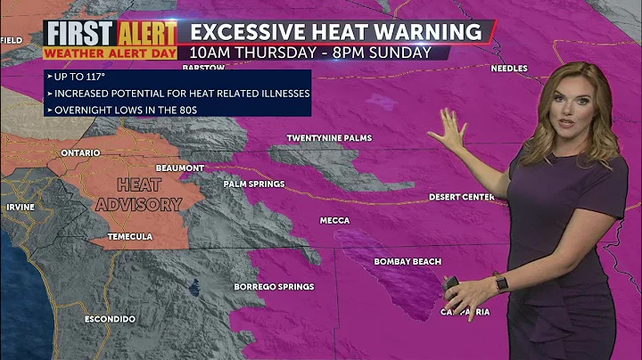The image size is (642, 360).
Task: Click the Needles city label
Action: pyautogui.click(x=509, y=69)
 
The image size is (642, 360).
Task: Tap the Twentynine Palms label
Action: pyautogui.click(x=329, y=138)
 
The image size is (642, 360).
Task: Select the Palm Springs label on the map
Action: pyautogui.click(x=254, y=184)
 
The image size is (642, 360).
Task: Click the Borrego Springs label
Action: pyautogui.click(x=274, y=286)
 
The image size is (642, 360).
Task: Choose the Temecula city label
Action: pyautogui.click(x=130, y=236)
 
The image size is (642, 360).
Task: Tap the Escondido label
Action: pyautogui.click(x=110, y=318)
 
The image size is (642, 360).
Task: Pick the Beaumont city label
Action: pyautogui.click(x=179, y=168)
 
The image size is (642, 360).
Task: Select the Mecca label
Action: pyautogui.click(x=335, y=220)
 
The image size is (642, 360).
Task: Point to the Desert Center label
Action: pyautogui.click(x=460, y=196)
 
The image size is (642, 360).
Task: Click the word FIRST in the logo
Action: pyautogui.click(x=80, y=34)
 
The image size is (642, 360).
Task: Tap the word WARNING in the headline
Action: pyautogui.click(x=430, y=32)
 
